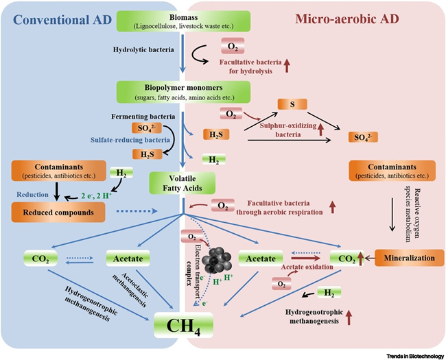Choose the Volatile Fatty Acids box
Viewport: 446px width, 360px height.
[181, 183]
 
